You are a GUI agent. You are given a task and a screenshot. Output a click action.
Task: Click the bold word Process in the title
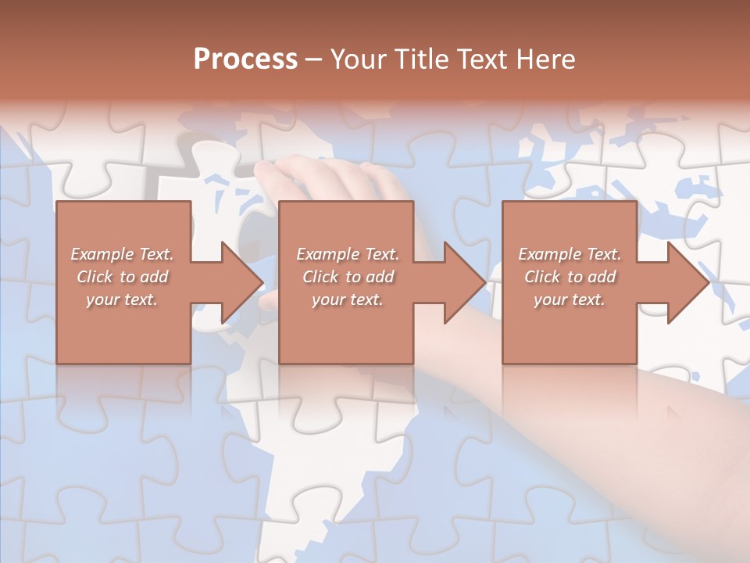tap(245, 59)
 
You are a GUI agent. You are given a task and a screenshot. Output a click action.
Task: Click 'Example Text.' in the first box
tap(123, 254)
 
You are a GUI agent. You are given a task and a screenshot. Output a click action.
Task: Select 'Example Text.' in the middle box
tap(348, 254)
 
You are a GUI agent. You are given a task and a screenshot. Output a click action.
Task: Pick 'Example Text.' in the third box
tap(570, 254)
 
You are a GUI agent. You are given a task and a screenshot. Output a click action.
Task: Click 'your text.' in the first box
tap(122, 299)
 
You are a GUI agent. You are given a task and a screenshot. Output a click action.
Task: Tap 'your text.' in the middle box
tap(348, 299)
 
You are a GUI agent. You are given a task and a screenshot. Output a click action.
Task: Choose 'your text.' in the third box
tap(570, 299)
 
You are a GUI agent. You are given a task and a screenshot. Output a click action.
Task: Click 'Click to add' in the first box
tap(123, 277)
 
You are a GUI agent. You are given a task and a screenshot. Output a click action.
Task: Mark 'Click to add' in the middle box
tap(348, 277)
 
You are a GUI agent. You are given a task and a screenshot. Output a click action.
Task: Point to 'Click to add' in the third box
tap(570, 277)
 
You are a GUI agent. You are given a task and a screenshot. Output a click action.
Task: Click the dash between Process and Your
tap(314, 59)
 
